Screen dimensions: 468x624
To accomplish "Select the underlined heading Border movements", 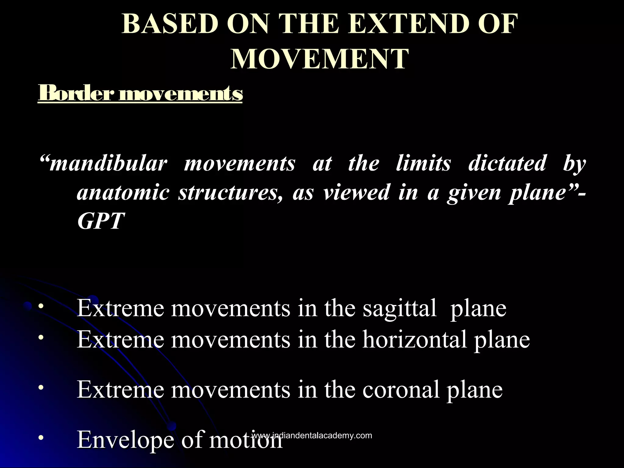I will pyautogui.click(x=140, y=94).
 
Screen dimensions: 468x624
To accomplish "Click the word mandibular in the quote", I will pyautogui.click(x=108, y=163).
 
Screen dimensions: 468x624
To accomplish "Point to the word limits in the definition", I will pyautogui.click(x=423, y=163).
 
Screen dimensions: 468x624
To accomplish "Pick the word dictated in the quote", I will pyautogui.click(x=507, y=163).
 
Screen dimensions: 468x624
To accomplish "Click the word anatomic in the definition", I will pyautogui.click(x=123, y=193).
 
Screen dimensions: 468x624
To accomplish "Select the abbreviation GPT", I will pyautogui.click(x=101, y=221).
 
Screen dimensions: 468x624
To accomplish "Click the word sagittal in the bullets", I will pyautogui.click(x=399, y=308).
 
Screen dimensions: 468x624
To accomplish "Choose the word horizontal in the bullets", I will pyautogui.click(x=415, y=339).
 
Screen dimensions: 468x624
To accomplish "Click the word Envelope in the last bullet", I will pyautogui.click(x=126, y=440).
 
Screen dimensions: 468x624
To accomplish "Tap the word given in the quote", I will pyautogui.click(x=474, y=193).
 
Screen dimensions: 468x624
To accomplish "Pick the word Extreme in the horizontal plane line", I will pyautogui.click(x=120, y=339).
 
